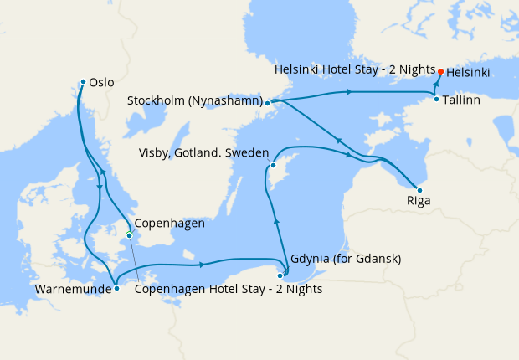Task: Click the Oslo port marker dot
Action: coord(83,81)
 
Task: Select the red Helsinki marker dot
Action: coord(440,71)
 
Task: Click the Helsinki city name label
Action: coord(469,73)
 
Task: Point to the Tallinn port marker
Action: coord(436,100)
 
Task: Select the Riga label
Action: coord(419,201)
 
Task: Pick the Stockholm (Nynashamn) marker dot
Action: coord(267,104)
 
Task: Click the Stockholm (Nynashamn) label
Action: coord(193,101)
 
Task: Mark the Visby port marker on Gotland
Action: coord(273,166)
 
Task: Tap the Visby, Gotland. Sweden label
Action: coord(204,153)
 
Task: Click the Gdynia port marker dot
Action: coord(280,275)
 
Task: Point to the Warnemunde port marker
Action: coord(116,289)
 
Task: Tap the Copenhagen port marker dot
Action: coord(129,235)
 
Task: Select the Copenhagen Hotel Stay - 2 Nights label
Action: coord(228,290)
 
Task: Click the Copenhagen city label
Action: coord(170,224)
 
